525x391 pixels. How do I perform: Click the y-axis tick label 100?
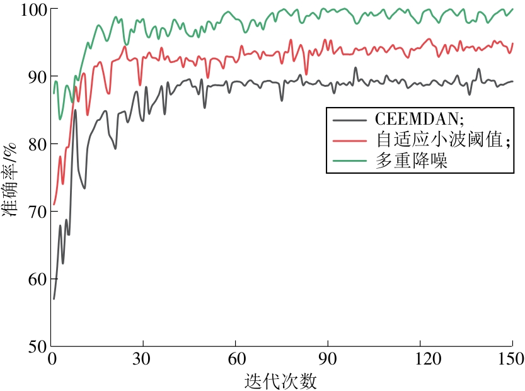click(28, 9)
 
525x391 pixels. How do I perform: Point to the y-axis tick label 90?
click(33, 76)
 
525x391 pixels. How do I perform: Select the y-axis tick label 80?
click(33, 144)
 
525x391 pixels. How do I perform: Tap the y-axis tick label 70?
click(33, 212)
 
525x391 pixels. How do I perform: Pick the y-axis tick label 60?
click(33, 279)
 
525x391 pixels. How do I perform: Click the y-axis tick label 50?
click(33, 346)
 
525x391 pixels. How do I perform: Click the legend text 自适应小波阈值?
click(439, 140)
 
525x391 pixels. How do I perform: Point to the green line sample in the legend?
click(350, 161)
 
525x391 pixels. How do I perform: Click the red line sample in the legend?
click(350, 140)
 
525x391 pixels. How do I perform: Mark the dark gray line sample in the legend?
click(350, 118)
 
